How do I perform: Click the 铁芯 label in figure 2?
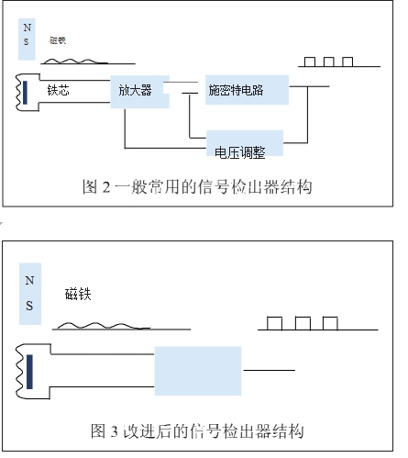58,92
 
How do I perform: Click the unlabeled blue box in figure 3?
198,371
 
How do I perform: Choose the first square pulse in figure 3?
274,322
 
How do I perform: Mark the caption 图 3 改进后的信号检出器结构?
197,430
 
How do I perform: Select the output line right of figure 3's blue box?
269,371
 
